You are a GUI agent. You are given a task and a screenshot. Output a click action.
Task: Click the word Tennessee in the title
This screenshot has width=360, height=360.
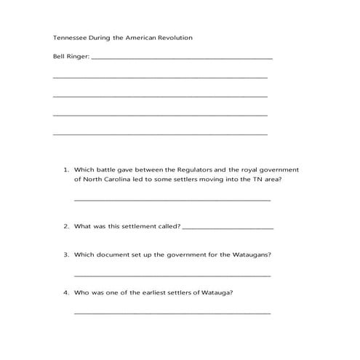[x=69, y=37]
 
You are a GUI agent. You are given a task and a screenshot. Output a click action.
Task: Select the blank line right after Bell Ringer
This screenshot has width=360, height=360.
[x=182, y=59]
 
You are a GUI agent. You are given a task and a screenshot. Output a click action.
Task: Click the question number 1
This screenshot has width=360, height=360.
[x=65, y=169]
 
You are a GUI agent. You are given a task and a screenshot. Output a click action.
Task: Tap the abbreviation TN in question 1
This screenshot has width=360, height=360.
[x=255, y=179]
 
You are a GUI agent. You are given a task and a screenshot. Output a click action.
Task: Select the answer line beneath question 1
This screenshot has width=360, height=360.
[x=172, y=200]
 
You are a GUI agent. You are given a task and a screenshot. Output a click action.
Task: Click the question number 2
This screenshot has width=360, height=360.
[x=65, y=226]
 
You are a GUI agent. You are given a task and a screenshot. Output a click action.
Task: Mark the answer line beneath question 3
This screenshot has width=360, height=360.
[x=172, y=276]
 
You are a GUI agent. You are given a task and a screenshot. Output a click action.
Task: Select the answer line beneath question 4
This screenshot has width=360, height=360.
[x=172, y=313]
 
